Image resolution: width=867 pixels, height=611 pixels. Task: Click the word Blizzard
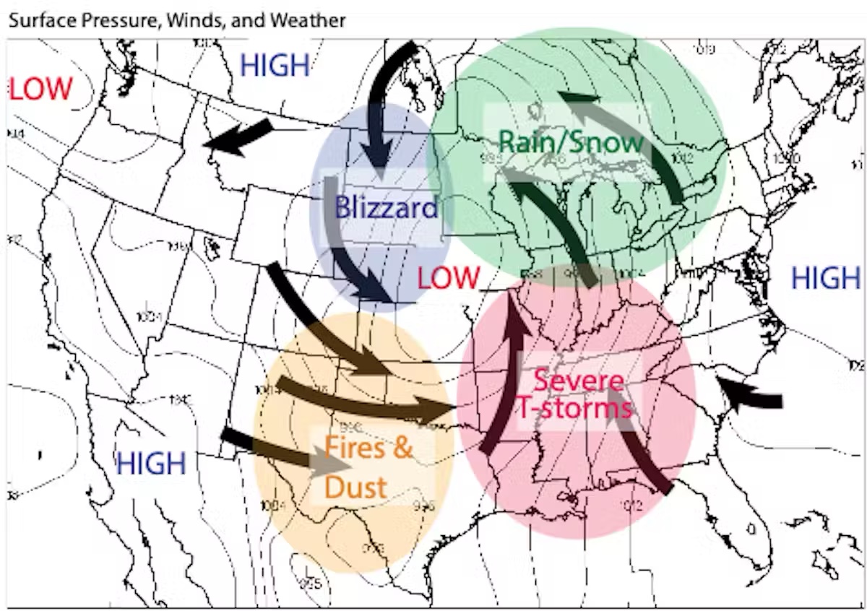(386, 207)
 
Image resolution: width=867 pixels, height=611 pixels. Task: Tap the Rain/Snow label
(571, 142)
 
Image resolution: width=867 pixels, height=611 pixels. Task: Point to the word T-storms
(574, 409)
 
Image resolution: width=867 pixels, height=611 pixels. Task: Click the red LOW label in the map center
(448, 277)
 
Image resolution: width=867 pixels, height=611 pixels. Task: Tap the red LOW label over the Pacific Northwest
(40, 89)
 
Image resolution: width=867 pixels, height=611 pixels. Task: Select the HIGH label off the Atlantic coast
(826, 278)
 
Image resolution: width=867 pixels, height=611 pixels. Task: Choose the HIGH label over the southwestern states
(151, 462)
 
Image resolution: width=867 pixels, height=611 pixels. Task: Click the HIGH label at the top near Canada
(275, 66)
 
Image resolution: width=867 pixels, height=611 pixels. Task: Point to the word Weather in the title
(307, 20)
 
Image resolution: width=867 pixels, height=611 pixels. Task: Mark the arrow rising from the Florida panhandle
(636, 441)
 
